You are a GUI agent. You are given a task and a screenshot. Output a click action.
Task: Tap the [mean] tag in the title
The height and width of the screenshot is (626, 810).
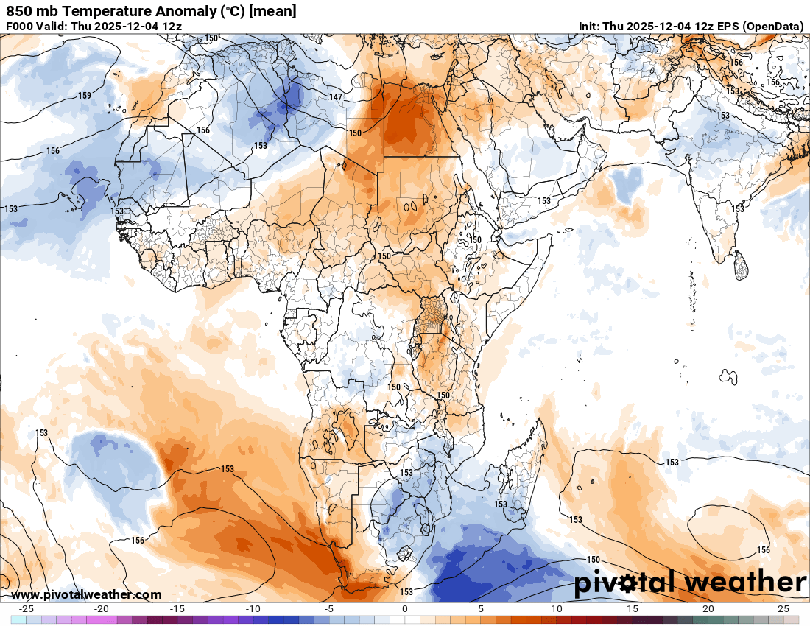[x=273, y=11]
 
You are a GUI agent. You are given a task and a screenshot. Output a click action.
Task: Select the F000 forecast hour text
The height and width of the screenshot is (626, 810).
[x=20, y=26]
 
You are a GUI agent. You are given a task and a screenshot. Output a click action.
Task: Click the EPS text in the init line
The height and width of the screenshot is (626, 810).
[x=725, y=26]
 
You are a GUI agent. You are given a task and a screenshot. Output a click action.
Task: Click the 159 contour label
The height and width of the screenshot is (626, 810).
[x=85, y=96]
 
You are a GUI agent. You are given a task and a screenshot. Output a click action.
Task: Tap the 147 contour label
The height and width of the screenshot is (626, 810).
[x=336, y=97]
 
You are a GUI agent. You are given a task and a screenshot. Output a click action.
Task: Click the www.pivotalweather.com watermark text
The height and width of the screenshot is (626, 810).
[x=86, y=594]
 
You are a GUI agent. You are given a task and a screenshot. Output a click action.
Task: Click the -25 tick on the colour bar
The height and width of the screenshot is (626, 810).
[x=27, y=609]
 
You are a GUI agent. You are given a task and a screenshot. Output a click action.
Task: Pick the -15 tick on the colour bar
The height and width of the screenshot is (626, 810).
[x=177, y=609]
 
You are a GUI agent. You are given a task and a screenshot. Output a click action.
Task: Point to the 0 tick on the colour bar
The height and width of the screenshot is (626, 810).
[x=405, y=609]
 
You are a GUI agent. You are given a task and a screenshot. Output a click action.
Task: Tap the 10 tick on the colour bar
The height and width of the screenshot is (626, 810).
[x=556, y=609]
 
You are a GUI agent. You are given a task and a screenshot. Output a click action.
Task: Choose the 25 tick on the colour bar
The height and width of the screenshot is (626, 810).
[x=783, y=609]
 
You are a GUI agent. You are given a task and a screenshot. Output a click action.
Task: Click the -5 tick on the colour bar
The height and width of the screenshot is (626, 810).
[x=329, y=609]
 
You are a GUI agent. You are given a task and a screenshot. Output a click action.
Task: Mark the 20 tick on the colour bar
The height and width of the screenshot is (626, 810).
[x=708, y=609]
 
